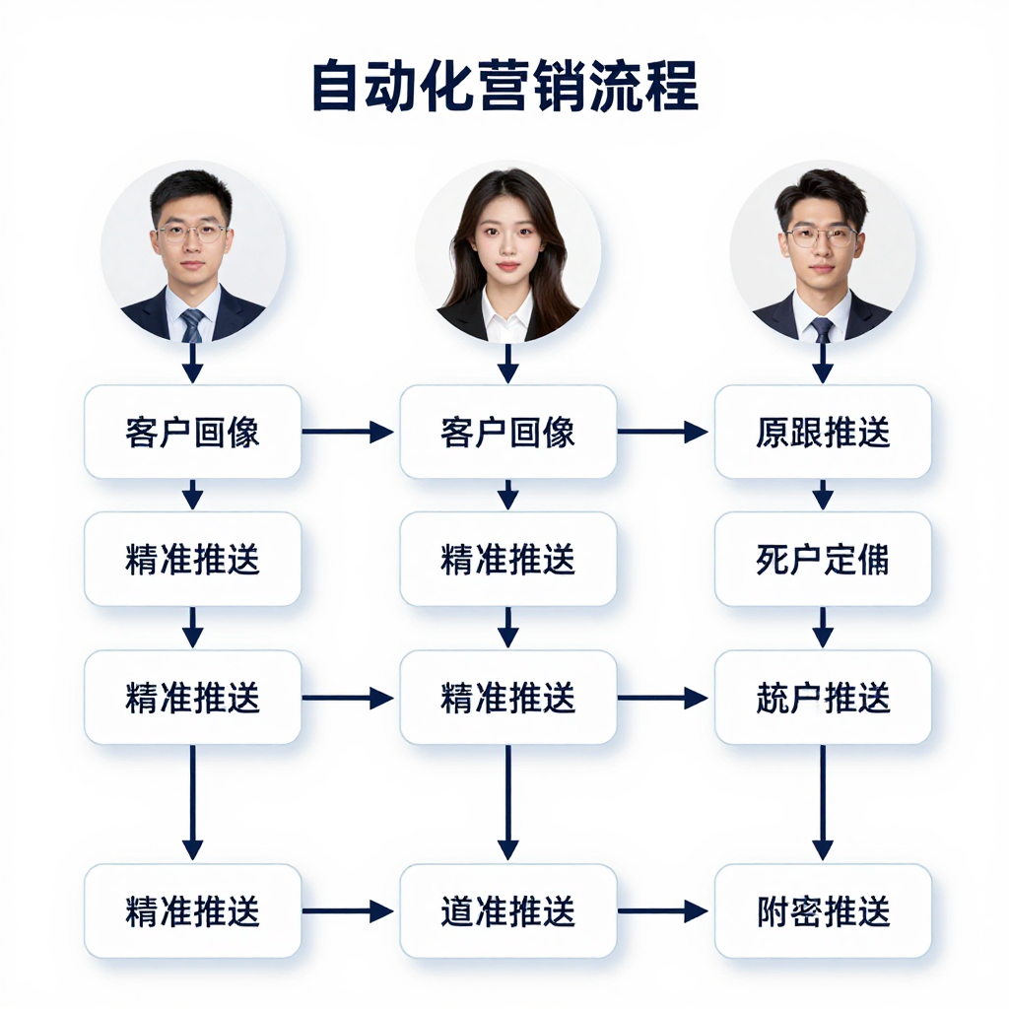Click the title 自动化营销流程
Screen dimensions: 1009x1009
click(504, 87)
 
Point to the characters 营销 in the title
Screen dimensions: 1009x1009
click(504, 87)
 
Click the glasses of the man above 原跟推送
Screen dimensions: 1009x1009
click(822, 236)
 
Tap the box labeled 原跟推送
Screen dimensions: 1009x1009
click(823, 432)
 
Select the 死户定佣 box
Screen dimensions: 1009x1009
click(823, 559)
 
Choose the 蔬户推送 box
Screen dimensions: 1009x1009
click(823, 698)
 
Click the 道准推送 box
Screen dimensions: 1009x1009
click(507, 911)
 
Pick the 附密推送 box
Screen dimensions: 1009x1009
click(823, 911)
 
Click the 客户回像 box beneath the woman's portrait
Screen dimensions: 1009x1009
click(507, 432)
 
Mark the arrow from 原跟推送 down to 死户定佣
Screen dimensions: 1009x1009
click(823, 495)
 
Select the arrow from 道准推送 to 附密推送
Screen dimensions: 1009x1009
click(662, 911)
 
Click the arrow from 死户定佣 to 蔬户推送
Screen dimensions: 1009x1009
click(823, 628)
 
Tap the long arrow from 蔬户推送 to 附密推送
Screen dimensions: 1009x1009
click(823, 802)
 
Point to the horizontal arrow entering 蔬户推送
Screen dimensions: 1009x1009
click(662, 698)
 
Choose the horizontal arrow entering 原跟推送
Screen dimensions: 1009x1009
click(662, 432)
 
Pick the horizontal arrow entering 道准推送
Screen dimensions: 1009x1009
click(347, 911)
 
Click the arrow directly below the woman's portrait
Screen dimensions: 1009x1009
click(507, 364)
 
